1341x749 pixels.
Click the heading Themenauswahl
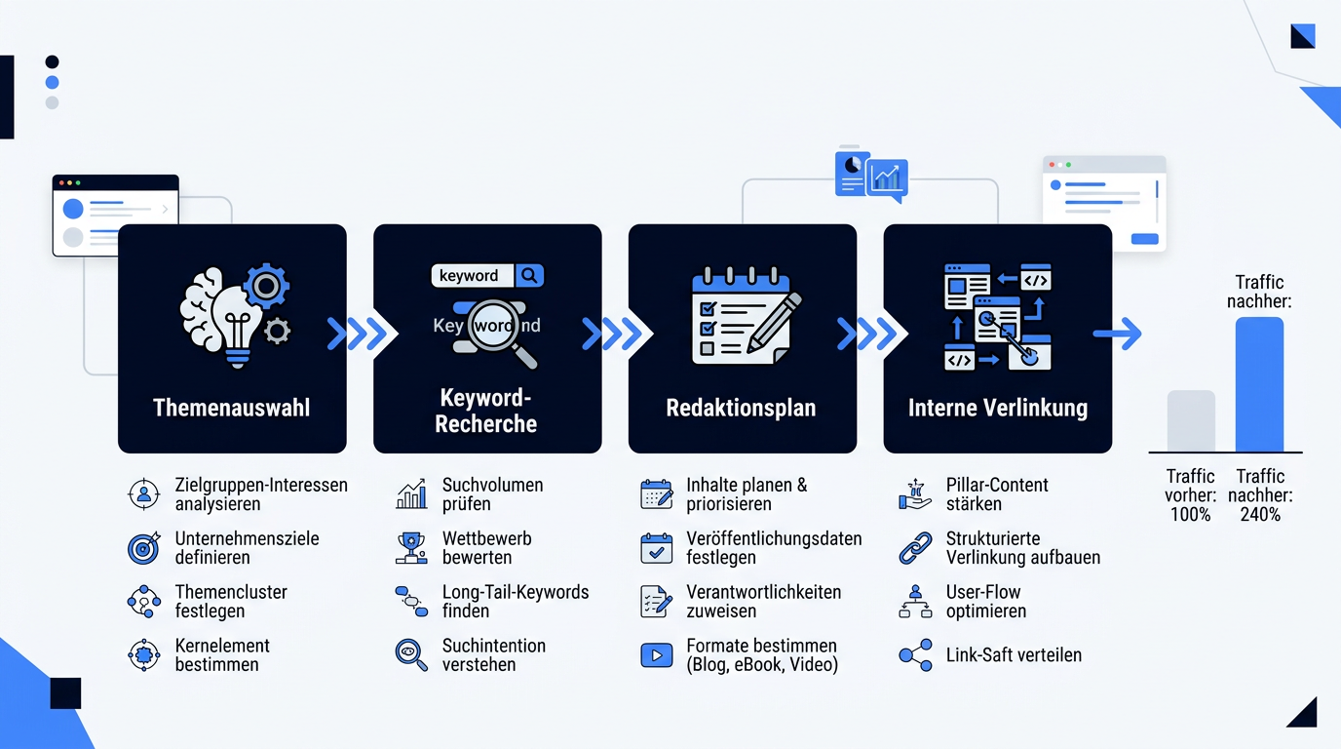click(x=232, y=408)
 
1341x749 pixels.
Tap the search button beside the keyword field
click(x=528, y=276)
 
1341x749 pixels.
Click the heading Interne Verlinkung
click(x=997, y=408)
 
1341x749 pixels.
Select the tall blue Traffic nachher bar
click(x=1259, y=384)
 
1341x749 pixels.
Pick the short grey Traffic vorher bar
click(x=1191, y=420)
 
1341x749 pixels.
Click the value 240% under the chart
click(x=1260, y=515)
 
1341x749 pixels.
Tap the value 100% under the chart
click(x=1191, y=515)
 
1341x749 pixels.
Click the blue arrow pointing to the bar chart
click(x=1117, y=334)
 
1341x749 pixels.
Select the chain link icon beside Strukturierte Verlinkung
click(x=915, y=548)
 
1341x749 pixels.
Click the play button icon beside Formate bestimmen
click(x=656, y=655)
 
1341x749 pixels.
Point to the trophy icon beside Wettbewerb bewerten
click(x=411, y=548)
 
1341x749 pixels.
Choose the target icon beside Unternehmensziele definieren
click(x=144, y=548)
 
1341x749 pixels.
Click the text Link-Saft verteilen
click(x=1014, y=655)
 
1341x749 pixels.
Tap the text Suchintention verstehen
click(x=494, y=655)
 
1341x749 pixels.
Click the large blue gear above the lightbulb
click(x=266, y=287)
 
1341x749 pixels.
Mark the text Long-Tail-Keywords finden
click(x=516, y=601)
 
